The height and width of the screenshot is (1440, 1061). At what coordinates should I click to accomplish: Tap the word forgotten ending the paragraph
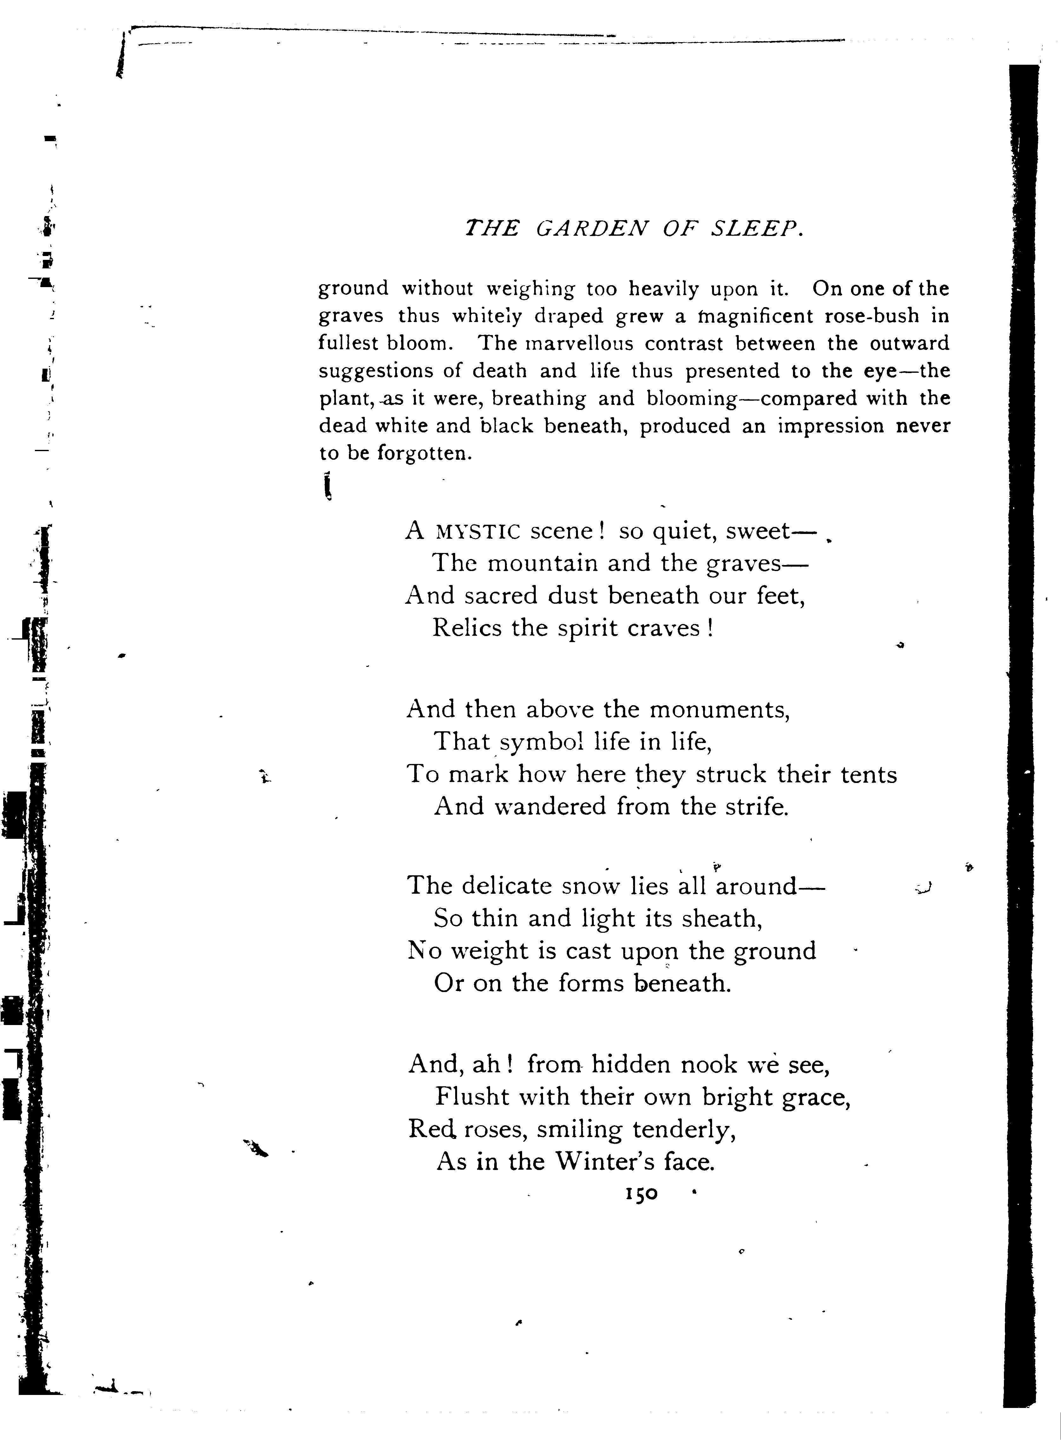(424, 453)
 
